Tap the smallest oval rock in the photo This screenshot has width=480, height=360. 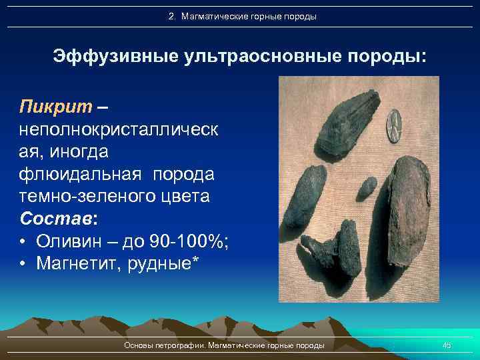click(366, 188)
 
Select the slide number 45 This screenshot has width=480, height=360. click(447, 345)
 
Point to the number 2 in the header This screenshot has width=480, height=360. click(171, 16)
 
